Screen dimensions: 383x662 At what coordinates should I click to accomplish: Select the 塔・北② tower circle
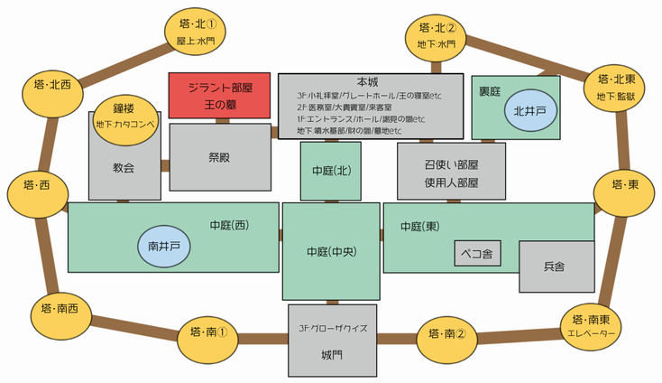tap(437, 35)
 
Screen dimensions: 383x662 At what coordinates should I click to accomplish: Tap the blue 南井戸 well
tap(164, 245)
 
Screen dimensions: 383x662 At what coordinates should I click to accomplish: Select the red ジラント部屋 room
tap(220, 96)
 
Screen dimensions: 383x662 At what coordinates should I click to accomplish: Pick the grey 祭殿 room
tap(220, 157)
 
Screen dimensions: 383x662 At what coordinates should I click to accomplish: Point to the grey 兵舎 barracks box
tap(555, 267)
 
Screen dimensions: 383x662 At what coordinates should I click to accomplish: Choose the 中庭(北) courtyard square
tap(330, 171)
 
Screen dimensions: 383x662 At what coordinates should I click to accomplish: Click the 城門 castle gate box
tap(331, 341)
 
